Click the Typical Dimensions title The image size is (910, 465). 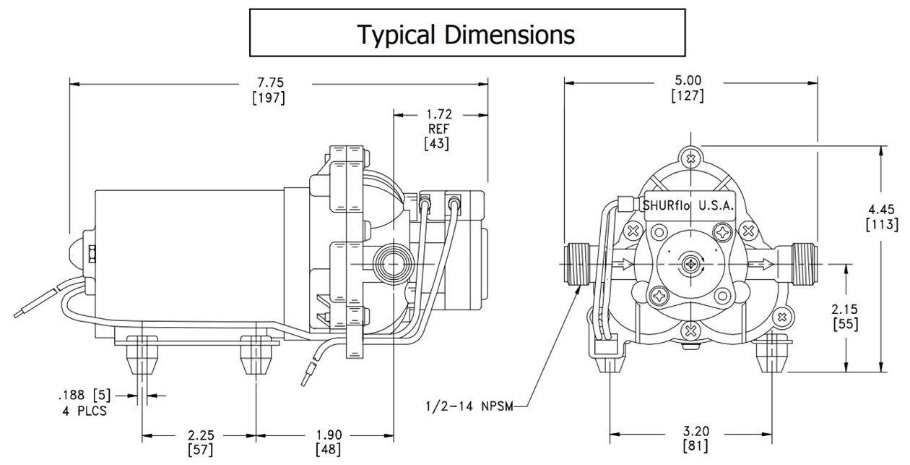467,33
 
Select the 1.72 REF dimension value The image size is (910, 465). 436,114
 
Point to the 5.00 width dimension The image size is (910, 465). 688,80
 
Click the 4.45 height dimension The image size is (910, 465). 882,208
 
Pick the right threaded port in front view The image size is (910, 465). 803,265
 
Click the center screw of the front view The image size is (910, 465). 691,265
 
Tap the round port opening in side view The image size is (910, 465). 394,265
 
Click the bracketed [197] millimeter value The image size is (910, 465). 268,98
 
